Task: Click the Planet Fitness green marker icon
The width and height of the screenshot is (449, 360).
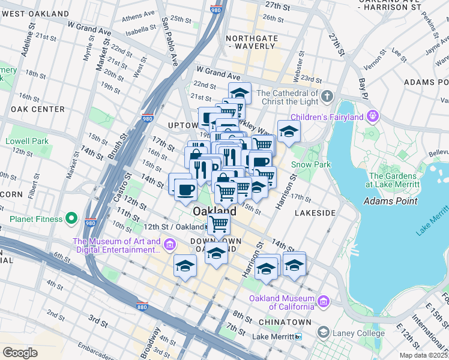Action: (x=71, y=218)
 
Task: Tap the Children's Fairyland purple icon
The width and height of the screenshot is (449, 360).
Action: (x=373, y=115)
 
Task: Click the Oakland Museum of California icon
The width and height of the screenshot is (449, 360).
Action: (x=324, y=300)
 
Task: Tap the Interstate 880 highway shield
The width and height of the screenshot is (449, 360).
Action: (x=142, y=305)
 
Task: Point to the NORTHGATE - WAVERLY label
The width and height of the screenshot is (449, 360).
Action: (x=252, y=44)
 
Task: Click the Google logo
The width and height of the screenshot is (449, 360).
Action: (x=20, y=352)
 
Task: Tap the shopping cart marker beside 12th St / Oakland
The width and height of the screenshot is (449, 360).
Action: (x=220, y=225)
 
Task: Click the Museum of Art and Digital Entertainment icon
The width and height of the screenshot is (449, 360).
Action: (x=170, y=245)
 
